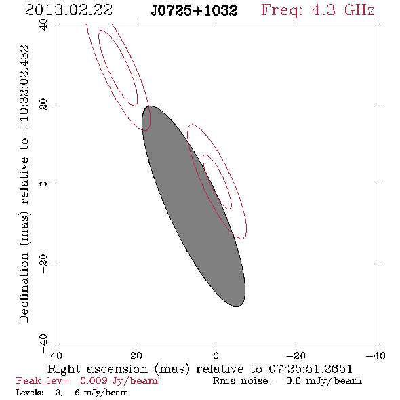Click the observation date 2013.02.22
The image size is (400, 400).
coord(69,10)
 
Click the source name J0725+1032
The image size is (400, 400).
coord(195,10)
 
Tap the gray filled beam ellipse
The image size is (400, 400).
coord(193,206)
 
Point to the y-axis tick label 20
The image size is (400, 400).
coord(43,104)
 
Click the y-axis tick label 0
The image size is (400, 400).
coord(43,184)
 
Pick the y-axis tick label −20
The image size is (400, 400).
coord(43,264)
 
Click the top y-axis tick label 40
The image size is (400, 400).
coord(43,24)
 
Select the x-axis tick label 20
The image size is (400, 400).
coord(136,356)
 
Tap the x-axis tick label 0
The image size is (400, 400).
coord(216,356)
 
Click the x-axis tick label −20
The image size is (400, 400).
coord(296,356)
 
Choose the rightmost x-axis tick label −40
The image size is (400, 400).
coord(376,356)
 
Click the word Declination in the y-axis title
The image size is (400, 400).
coord(24,287)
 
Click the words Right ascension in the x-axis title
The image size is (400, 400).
coord(98,369)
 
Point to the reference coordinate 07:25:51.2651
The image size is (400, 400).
coord(311,369)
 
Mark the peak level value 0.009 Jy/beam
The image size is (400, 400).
coord(119,381)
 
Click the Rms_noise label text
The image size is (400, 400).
coord(244,381)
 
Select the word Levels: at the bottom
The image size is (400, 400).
coord(30,393)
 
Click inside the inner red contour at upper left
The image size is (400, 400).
coord(118,68)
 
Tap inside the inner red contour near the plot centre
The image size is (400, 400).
coord(218,182)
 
